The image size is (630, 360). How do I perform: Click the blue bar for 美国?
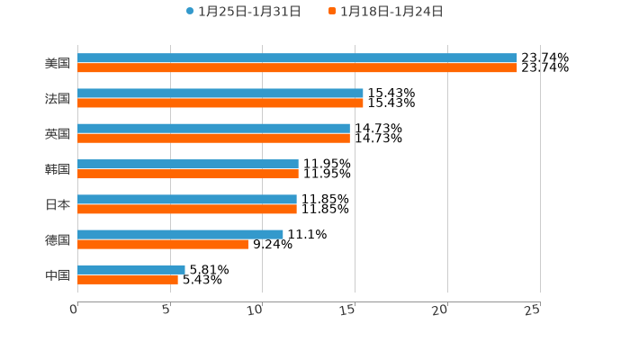297,58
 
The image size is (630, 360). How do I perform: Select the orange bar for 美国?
297,68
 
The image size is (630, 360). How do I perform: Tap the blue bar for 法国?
220,94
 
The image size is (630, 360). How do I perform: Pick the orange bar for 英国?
213,139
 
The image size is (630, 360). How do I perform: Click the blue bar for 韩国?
188,165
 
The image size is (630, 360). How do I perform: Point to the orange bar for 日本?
187,209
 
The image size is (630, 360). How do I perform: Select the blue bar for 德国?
180,235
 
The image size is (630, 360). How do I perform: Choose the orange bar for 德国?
163,244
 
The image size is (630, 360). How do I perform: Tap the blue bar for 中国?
131,270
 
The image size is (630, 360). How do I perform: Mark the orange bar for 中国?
128,280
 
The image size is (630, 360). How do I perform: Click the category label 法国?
58,99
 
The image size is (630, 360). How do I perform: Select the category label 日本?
58,205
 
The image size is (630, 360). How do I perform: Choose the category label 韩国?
58,170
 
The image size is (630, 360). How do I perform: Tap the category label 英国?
58,134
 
